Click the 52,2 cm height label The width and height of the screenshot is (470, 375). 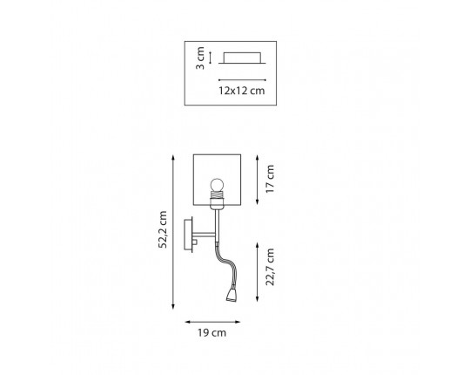tap(163, 229)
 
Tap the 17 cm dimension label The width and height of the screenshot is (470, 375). tap(270, 179)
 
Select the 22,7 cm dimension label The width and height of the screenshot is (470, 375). tap(270, 267)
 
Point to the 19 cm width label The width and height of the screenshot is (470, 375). tap(211, 333)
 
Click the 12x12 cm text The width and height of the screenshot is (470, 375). tap(242, 91)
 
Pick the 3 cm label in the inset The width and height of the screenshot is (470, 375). tap(200, 58)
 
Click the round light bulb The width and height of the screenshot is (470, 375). tap(217, 185)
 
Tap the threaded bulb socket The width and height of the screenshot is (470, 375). tap(217, 197)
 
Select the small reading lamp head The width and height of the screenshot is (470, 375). tap(232, 295)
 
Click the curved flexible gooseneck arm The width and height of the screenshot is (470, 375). tap(224, 264)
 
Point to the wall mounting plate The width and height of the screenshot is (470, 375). tap(188, 235)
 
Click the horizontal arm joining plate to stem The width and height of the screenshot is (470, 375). tap(204, 235)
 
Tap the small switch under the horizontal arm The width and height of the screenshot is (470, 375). tap(195, 242)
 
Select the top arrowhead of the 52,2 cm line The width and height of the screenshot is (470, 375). tap(173, 157)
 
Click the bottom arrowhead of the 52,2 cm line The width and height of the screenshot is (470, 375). tap(173, 307)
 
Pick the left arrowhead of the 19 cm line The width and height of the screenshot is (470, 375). tap(188, 322)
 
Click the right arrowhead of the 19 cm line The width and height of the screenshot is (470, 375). tap(237, 322)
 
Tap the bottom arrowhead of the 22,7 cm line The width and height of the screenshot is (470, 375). tap(257, 298)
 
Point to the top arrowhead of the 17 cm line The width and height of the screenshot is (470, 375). tap(257, 158)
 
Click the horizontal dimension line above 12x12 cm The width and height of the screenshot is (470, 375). tap(242, 80)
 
